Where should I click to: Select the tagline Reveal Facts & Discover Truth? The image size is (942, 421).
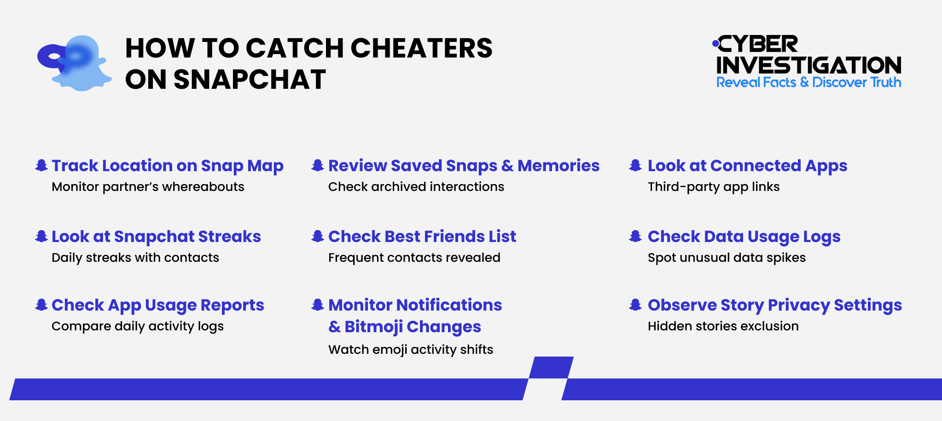coord(808,82)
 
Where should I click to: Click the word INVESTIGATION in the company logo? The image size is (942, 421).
coord(808,65)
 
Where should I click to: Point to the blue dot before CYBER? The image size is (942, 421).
coord(715,44)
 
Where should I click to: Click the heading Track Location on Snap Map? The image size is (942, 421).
coord(167,166)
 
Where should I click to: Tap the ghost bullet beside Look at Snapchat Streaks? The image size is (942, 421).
coord(41,236)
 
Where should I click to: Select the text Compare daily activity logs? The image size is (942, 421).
coord(137,326)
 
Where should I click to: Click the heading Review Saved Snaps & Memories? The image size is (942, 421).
coord(464,166)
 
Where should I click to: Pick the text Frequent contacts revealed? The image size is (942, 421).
coord(414,258)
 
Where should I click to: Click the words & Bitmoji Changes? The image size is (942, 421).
coord(404,327)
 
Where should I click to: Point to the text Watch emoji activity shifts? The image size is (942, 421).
coord(410,350)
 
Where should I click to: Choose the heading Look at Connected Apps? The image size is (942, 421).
coord(747,166)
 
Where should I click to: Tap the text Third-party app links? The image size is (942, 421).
coord(713,187)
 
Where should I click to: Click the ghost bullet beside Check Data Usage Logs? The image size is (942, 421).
coord(635,236)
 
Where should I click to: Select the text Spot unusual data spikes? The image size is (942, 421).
coord(727,258)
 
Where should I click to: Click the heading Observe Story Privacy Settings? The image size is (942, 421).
coord(774,305)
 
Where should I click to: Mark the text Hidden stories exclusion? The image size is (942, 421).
coord(723,326)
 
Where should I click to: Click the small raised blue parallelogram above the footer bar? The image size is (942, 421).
coord(551,367)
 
